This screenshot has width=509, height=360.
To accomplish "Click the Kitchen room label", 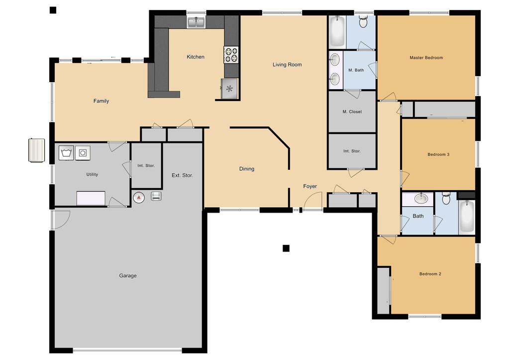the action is click(x=196, y=57).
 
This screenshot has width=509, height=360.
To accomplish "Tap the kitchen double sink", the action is click(x=196, y=22).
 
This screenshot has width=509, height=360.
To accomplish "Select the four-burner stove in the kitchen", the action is click(x=231, y=55).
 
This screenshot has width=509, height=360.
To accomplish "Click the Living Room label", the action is click(x=287, y=65).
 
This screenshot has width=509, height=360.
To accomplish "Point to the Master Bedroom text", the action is click(x=426, y=57).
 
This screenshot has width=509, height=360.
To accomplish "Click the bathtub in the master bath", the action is click(x=337, y=31).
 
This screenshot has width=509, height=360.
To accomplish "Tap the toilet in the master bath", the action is click(x=363, y=21).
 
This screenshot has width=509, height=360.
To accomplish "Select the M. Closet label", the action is click(x=352, y=112).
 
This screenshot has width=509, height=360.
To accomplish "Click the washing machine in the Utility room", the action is click(x=67, y=153).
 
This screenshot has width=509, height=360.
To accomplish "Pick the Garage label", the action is click(x=127, y=275).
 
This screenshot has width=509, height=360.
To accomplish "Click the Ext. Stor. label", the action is click(x=182, y=175).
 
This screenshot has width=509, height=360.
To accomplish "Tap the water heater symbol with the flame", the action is click(x=139, y=197).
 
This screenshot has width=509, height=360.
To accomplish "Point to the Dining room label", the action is click(x=247, y=169).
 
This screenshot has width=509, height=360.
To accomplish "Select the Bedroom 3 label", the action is click(x=438, y=154).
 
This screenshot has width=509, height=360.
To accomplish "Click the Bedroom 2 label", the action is click(x=430, y=274).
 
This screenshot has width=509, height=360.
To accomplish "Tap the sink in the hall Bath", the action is click(x=421, y=198).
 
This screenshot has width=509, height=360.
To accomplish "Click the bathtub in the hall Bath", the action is click(x=467, y=217).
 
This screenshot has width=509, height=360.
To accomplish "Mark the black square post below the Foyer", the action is click(x=286, y=248).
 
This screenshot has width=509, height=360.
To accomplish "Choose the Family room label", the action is click(x=101, y=101).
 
